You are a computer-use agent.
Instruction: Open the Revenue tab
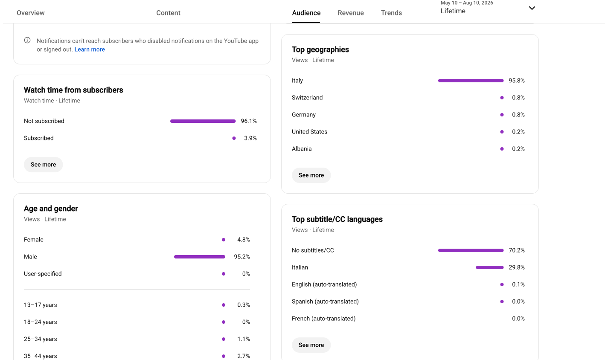click(x=351, y=13)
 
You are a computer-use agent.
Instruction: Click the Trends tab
click(x=391, y=13)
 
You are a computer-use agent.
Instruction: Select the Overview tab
click(x=31, y=13)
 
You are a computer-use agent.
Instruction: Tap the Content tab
click(x=168, y=13)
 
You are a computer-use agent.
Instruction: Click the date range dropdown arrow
click(x=532, y=8)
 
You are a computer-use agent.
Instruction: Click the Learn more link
click(x=90, y=49)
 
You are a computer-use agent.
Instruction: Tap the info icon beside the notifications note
click(x=27, y=40)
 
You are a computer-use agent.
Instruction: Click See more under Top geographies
click(x=311, y=175)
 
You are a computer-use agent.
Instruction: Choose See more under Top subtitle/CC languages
click(x=311, y=345)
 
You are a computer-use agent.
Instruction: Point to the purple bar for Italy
click(x=471, y=81)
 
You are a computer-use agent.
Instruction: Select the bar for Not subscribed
click(x=203, y=121)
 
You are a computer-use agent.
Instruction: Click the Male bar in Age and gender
click(x=200, y=257)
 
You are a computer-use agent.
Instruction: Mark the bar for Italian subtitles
click(x=490, y=267)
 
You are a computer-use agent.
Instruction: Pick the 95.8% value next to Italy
click(x=516, y=81)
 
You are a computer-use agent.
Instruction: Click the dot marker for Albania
click(x=502, y=149)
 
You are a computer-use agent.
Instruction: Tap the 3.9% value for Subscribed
click(x=250, y=138)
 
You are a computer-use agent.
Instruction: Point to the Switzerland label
click(x=307, y=98)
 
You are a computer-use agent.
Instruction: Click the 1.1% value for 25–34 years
click(x=243, y=339)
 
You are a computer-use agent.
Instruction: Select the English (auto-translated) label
click(x=324, y=285)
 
